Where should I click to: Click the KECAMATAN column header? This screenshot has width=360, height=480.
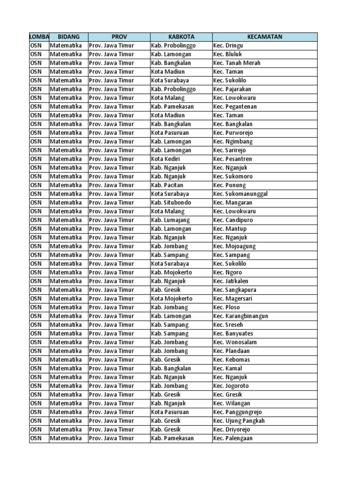[265, 37]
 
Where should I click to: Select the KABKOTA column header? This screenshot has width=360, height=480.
[181, 37]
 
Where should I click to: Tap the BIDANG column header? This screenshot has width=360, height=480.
[68, 37]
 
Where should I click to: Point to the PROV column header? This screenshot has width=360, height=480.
[119, 37]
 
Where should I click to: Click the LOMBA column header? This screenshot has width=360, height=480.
[39, 37]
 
